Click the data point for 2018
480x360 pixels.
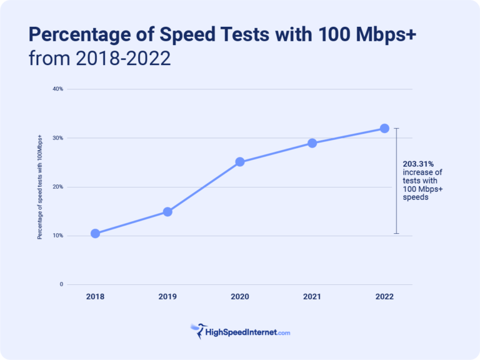click(95, 233)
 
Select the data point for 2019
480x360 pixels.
click(167, 211)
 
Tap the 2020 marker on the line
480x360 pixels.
click(239, 162)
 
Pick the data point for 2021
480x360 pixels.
click(312, 143)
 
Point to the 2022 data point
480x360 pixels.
click(384, 128)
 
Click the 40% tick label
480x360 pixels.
click(57, 89)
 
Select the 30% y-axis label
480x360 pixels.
click(57, 137)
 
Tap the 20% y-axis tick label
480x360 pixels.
click(57, 187)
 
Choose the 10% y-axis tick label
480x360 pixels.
click(57, 236)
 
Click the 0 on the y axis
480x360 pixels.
click(61, 284)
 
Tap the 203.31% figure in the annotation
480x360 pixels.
click(418, 163)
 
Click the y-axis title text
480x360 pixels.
click(39, 187)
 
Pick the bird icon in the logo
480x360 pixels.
click(198, 329)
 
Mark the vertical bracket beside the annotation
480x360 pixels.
click(396, 181)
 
